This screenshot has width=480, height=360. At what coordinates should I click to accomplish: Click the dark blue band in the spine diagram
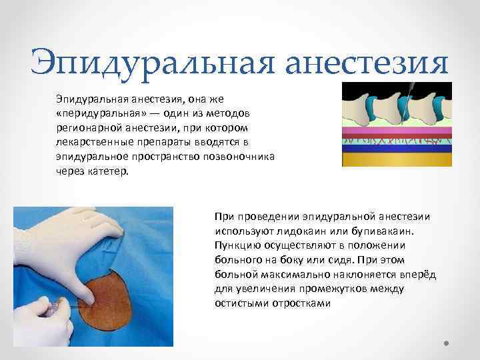(x=396, y=149)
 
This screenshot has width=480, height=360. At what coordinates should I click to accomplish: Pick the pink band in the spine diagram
(x=396, y=131)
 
